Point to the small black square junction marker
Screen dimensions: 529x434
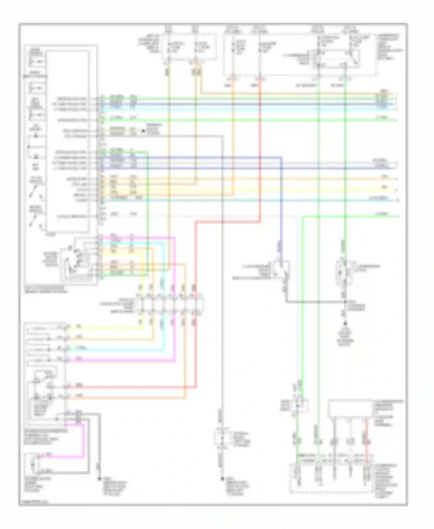click(143, 131)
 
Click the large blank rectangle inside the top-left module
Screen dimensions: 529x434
click(68, 142)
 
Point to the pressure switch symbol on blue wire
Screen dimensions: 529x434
click(280, 268)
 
